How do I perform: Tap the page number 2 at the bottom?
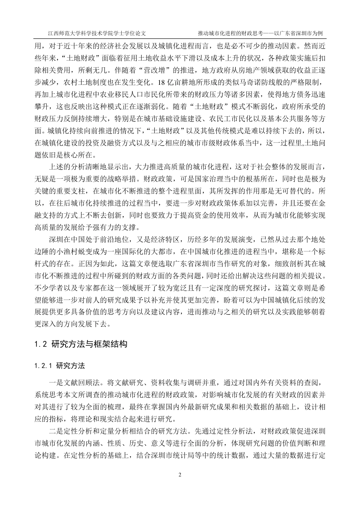point(180,475)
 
